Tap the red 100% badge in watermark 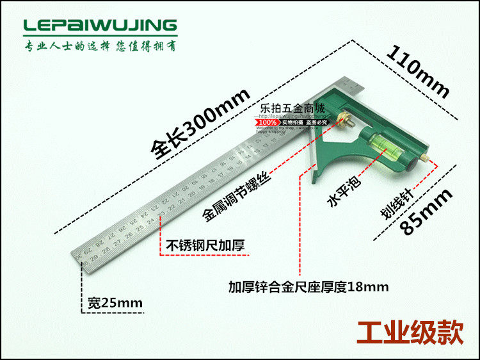[x=268, y=121]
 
